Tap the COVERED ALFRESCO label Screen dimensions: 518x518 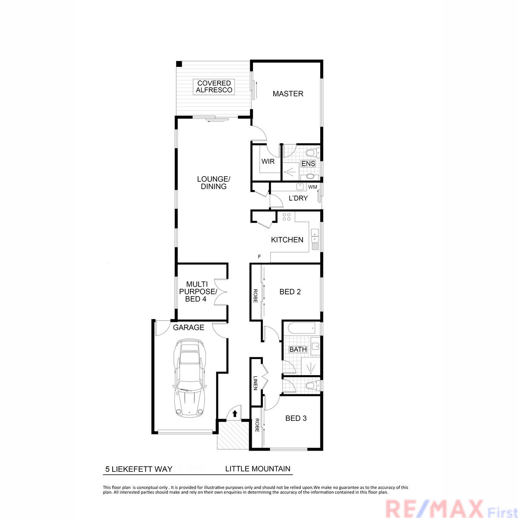(x=214, y=87)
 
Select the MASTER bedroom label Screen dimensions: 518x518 (x=288, y=94)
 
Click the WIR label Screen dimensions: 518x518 (x=268, y=161)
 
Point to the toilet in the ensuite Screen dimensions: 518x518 (x=313, y=154)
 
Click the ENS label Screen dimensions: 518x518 (x=308, y=164)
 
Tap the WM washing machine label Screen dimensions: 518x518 (x=313, y=187)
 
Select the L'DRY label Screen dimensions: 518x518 (x=298, y=198)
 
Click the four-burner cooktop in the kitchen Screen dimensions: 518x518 (x=286, y=217)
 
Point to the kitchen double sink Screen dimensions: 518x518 (x=315, y=236)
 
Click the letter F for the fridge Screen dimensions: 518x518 (x=259, y=257)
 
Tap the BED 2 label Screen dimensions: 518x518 (x=290, y=292)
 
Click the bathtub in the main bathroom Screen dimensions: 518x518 (x=302, y=328)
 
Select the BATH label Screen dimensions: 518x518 (x=298, y=349)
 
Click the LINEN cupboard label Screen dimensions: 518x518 (x=256, y=383)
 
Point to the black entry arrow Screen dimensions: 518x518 (x=235, y=414)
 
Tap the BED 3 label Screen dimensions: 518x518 (x=296, y=418)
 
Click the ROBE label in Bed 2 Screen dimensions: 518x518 (x=256, y=296)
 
